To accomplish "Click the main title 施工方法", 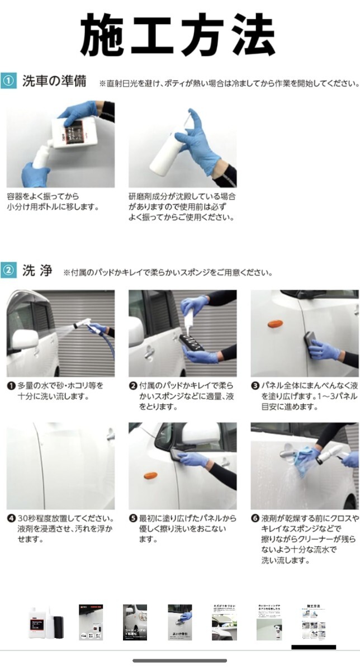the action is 178,34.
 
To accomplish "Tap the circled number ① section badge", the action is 8,81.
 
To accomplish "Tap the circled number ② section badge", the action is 8,270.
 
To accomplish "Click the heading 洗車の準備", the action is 54,81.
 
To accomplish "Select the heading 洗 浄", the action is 37,270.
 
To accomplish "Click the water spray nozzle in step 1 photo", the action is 81,324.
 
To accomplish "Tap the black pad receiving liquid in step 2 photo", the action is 191,342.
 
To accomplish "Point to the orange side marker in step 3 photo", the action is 275,324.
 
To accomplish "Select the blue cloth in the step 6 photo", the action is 304,460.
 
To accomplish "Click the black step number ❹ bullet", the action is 11,518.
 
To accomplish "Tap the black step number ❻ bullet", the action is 255,518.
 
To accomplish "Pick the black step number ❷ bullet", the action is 133,386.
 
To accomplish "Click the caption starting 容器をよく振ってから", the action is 53,202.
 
